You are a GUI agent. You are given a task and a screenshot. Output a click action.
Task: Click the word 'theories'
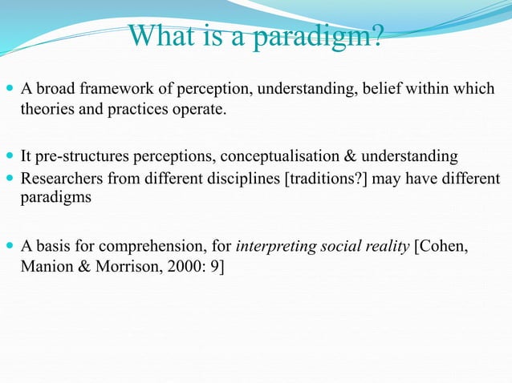tap(46, 109)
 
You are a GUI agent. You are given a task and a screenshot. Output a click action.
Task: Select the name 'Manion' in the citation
tap(45, 266)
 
